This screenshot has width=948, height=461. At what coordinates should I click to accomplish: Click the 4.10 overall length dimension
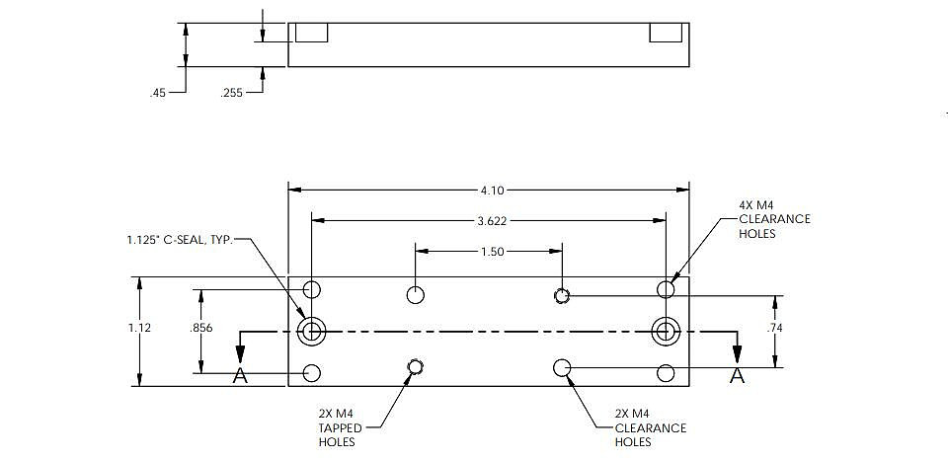pyautogui.click(x=492, y=191)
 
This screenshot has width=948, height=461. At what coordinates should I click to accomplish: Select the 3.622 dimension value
pyautogui.click(x=492, y=221)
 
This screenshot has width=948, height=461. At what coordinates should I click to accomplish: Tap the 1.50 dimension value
pyautogui.click(x=492, y=252)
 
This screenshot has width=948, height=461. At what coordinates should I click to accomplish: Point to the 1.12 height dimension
pyautogui.click(x=139, y=328)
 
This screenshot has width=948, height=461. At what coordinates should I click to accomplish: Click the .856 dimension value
pyautogui.click(x=200, y=328)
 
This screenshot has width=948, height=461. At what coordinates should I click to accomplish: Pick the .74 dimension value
pyautogui.click(x=774, y=328)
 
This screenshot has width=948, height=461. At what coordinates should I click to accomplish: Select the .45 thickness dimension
pyautogui.click(x=158, y=93)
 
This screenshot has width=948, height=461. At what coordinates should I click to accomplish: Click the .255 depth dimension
pyautogui.click(x=231, y=93)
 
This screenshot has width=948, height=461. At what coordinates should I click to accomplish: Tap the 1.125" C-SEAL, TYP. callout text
pyautogui.click(x=180, y=240)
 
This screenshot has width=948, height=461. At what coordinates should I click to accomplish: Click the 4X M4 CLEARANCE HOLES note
pyautogui.click(x=774, y=219)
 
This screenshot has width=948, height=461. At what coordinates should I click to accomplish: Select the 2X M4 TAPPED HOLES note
pyautogui.click(x=341, y=427)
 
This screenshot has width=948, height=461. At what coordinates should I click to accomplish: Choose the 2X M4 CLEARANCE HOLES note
pyautogui.click(x=651, y=427)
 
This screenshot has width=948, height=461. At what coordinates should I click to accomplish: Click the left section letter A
pyautogui.click(x=240, y=376)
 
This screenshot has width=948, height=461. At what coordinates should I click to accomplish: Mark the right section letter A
pyautogui.click(x=737, y=376)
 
